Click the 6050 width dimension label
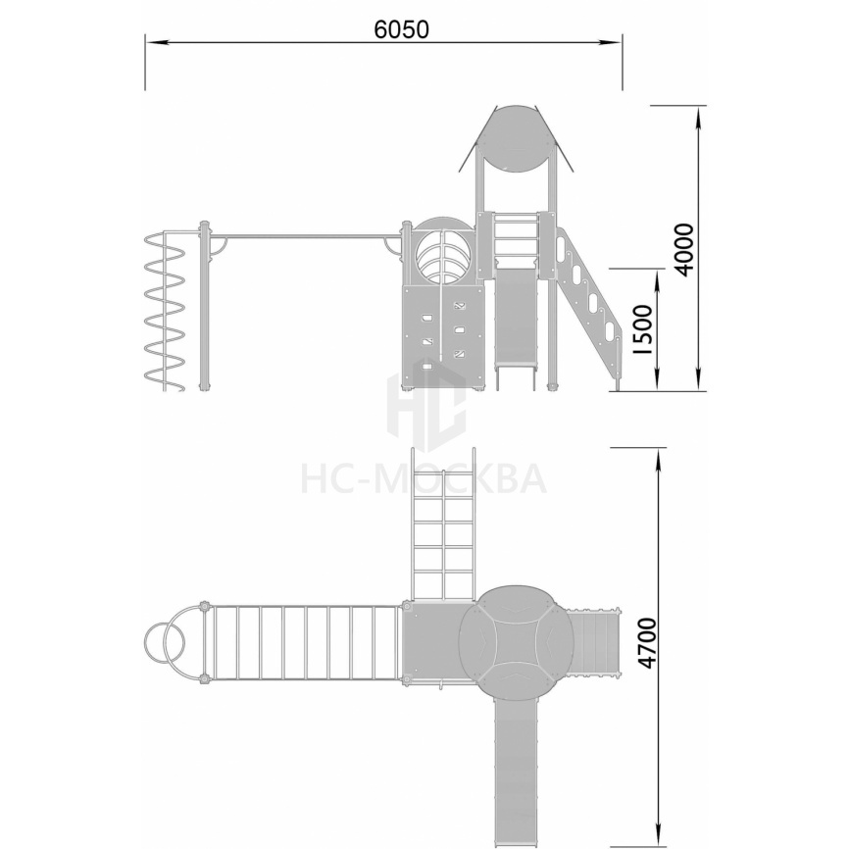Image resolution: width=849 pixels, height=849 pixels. (x=401, y=29)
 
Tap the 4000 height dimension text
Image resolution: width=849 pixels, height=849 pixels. (x=685, y=249)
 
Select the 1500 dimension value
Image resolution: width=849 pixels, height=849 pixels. (x=643, y=329)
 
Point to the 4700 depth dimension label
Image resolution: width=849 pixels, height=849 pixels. (x=647, y=643)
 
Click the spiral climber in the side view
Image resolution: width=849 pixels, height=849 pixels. (x=165, y=312)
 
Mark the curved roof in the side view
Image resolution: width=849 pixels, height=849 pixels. (x=515, y=138)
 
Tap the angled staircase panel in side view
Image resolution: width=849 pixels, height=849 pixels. (x=589, y=304)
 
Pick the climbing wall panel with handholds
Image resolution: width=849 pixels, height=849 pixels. (x=443, y=335)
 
